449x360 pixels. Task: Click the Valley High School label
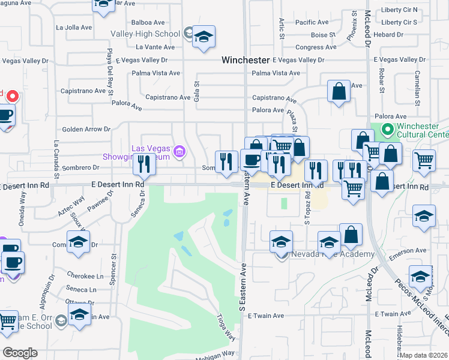coord(146,34)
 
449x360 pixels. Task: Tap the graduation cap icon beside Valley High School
coord(203,37)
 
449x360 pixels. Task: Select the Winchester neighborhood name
coord(245,60)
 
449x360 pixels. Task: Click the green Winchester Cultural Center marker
coord(388,128)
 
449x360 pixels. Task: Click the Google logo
coord(20,353)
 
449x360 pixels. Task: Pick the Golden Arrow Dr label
coord(87,129)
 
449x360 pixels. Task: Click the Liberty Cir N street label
coord(399,10)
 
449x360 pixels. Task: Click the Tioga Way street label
coord(226,328)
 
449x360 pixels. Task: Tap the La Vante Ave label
coord(155,47)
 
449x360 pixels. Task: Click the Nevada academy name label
coord(333,254)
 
